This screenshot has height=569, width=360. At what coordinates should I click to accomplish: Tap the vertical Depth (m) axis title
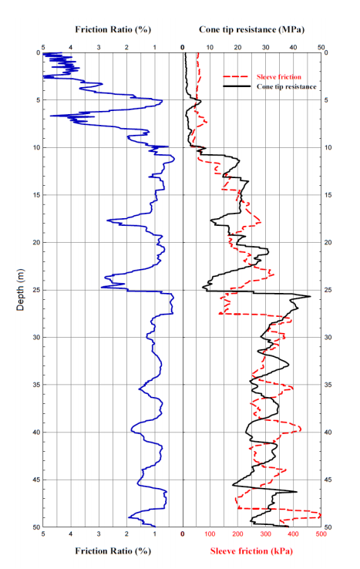(21, 289)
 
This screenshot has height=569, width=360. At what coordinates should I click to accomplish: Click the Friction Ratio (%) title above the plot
(113, 29)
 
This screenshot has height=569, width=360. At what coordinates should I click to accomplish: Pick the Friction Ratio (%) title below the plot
(113, 551)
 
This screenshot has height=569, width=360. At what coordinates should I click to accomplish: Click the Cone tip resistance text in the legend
(286, 87)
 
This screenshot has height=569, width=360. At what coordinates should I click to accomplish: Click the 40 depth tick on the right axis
(329, 433)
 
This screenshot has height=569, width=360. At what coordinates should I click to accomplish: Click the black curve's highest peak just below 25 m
(310, 297)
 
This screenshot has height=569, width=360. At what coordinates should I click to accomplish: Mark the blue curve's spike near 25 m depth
(102, 288)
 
